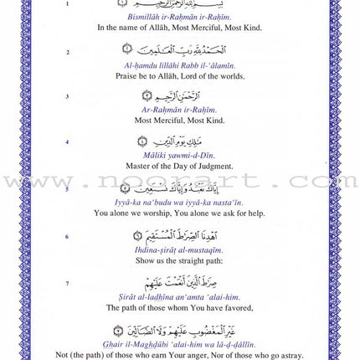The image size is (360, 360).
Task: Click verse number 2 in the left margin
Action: tap(68, 52)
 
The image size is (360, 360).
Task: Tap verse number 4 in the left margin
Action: tap(68, 142)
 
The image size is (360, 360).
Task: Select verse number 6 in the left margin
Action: tap(68, 237)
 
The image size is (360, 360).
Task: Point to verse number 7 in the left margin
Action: tap(68, 284)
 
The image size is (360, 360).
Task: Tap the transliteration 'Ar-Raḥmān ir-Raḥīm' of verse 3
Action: tap(179, 110)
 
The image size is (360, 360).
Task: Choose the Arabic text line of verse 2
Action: tap(179, 51)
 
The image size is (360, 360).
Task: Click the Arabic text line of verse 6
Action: tap(179, 236)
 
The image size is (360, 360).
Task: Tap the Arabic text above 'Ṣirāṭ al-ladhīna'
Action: tap(179, 282)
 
